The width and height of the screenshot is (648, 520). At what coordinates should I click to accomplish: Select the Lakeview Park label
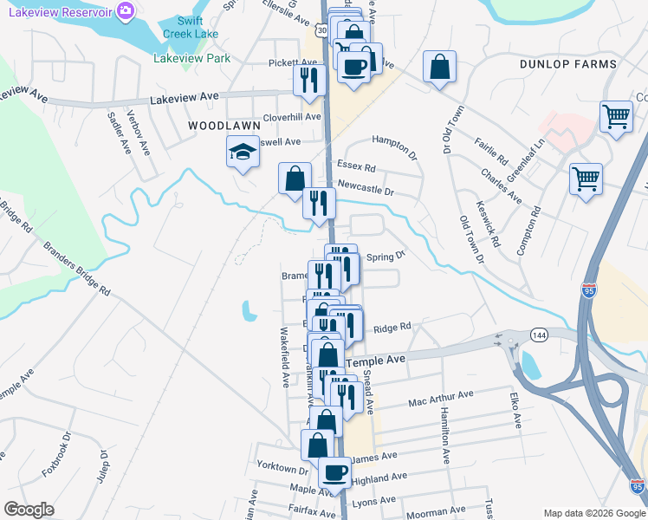tap(192, 58)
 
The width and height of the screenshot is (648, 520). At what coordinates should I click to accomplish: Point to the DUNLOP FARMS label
tap(568, 64)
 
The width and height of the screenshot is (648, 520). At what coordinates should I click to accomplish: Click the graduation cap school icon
tap(243, 153)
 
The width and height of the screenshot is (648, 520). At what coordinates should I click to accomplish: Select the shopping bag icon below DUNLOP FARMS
tap(440, 67)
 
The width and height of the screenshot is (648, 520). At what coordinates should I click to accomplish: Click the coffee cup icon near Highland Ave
tap(334, 473)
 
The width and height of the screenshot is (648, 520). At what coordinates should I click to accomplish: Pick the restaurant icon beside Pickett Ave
tap(308, 80)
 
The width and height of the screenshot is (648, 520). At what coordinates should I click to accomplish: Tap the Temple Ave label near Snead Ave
tap(376, 359)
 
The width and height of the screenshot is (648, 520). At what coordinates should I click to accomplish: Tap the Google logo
tap(29, 510)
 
